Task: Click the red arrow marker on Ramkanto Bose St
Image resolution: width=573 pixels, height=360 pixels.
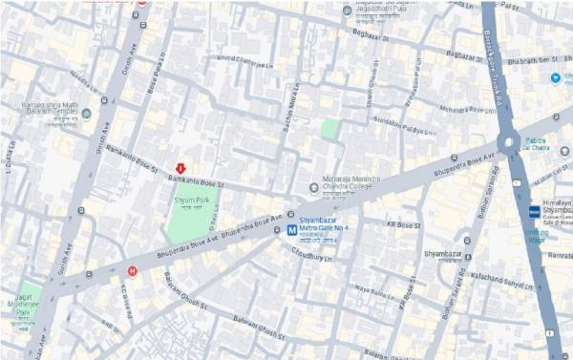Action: [x=180, y=167]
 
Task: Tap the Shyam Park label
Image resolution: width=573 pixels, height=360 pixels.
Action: [x=191, y=201]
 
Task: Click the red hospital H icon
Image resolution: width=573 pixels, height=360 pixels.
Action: [x=132, y=270]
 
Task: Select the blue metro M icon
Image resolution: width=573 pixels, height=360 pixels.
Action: [x=278, y=229]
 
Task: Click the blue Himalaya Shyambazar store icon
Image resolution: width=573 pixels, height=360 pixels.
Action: [x=533, y=211]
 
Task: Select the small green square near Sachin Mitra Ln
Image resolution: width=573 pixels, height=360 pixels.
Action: [x=329, y=128]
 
